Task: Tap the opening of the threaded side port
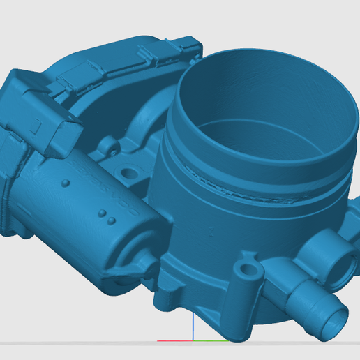pos(343,265)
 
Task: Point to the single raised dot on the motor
pos(65,183)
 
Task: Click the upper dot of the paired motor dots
pos(101,212)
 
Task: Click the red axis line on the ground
pos(174,341)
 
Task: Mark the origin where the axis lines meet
pos(192,341)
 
